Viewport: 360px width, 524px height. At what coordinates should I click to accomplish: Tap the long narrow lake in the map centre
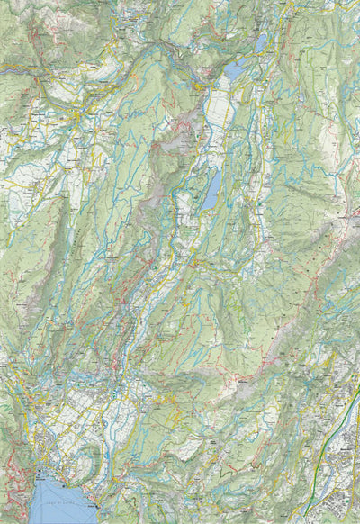[x=211, y=190]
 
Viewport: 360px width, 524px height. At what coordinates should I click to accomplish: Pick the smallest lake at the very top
[x=261, y=41]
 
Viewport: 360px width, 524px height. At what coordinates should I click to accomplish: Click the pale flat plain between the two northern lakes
[x=219, y=108]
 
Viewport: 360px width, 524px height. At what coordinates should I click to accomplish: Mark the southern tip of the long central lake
[x=206, y=208]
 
